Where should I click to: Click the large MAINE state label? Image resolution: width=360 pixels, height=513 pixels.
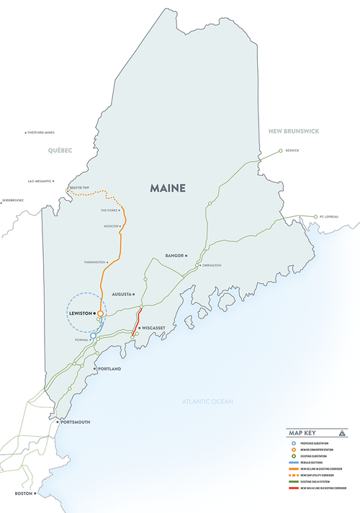(168, 188)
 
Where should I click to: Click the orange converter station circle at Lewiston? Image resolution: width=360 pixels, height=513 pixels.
(102, 314)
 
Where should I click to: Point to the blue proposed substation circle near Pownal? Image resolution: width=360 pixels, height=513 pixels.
(93, 335)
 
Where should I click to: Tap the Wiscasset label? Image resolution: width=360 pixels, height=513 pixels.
(154, 327)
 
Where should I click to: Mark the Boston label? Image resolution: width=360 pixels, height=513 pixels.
(24, 493)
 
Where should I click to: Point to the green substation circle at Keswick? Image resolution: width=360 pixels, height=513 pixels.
(282, 151)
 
